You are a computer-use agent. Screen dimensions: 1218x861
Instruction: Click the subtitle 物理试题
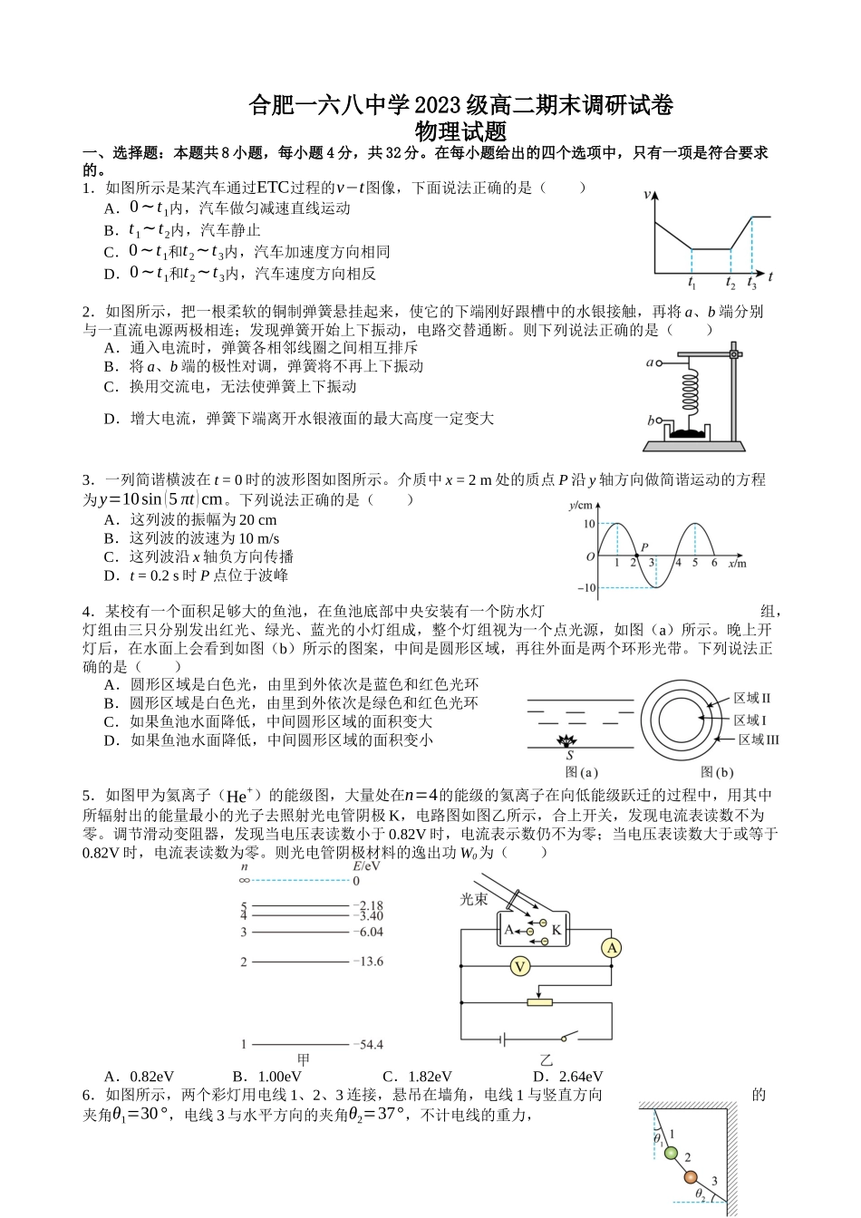(x=460, y=130)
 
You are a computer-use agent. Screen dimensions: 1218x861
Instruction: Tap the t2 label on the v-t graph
(x=730, y=285)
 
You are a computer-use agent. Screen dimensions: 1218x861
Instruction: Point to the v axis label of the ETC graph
(x=647, y=194)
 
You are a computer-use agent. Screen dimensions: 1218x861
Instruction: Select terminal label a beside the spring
(x=650, y=362)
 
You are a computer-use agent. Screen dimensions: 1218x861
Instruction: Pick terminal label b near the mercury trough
(x=651, y=420)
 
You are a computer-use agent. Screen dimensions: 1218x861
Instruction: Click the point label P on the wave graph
(x=644, y=547)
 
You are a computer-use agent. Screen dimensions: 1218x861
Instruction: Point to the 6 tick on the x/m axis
(x=714, y=564)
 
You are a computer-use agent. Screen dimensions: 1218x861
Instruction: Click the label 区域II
(x=751, y=698)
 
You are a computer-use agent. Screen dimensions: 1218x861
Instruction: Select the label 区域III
(x=759, y=739)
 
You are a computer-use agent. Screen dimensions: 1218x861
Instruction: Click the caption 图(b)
(x=717, y=773)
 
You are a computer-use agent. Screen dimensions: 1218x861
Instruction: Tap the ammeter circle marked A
(x=612, y=948)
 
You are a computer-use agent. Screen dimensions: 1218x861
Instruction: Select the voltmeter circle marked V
(x=519, y=967)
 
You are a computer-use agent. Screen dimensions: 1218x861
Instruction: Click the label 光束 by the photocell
(x=474, y=899)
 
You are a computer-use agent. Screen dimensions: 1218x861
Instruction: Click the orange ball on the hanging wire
(x=691, y=1176)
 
